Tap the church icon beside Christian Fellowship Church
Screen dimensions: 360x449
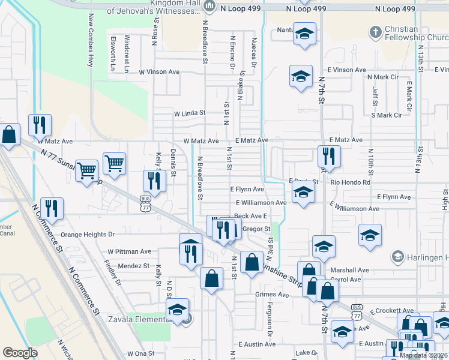[x=376, y=31]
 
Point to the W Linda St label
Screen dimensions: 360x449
[x=190, y=112]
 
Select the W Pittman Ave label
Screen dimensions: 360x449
[x=130, y=251]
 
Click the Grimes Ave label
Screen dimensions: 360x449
[x=272, y=295]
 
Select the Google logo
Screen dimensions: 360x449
[x=20, y=352]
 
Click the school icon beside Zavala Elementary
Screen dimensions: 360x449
[x=177, y=310]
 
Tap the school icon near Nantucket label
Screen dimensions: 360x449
[x=304, y=34]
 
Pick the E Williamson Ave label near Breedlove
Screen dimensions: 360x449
[x=261, y=203]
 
